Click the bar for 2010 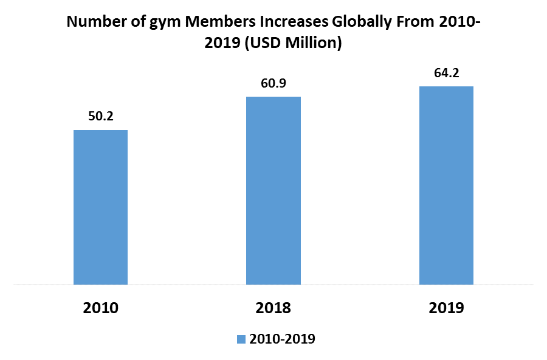[100, 207]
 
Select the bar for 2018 [273, 190]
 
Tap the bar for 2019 [446, 185]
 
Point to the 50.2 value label [101, 116]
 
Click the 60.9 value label [273, 83]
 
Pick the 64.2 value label [446, 72]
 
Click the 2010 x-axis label [100, 308]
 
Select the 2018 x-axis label [273, 308]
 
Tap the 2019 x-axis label [446, 308]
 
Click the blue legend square [240, 339]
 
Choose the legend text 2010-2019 [282, 339]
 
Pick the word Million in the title [314, 44]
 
